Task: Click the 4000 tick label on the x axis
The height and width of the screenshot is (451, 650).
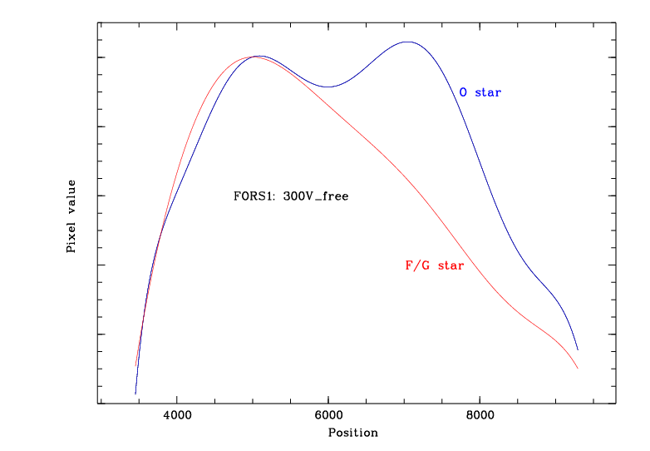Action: pyautogui.click(x=176, y=415)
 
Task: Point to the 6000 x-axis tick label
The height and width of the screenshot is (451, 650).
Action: pyautogui.click(x=328, y=415)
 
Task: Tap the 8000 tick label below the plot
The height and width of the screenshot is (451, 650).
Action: pyautogui.click(x=480, y=415)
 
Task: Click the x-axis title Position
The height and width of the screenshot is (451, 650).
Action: pyautogui.click(x=352, y=433)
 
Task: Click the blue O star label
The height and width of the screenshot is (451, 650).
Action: pyautogui.click(x=480, y=92)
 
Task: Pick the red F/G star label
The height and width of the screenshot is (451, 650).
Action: pyautogui.click(x=434, y=265)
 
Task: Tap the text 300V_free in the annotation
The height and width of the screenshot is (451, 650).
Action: pyautogui.click(x=316, y=196)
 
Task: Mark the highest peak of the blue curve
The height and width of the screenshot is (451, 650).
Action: pyautogui.click(x=406, y=42)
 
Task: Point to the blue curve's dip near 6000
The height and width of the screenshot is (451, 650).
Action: pyautogui.click(x=328, y=87)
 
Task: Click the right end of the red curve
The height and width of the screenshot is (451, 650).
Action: pyautogui.click(x=578, y=369)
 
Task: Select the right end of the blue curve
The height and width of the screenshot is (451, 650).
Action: pyautogui.click(x=578, y=350)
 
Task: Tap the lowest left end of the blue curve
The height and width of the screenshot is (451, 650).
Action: pyautogui.click(x=135, y=394)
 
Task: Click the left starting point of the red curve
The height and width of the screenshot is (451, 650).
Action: pyautogui.click(x=136, y=366)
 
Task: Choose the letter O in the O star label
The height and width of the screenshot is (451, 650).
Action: pyautogui.click(x=463, y=92)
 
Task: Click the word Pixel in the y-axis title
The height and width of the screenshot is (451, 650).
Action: pyautogui.click(x=71, y=238)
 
